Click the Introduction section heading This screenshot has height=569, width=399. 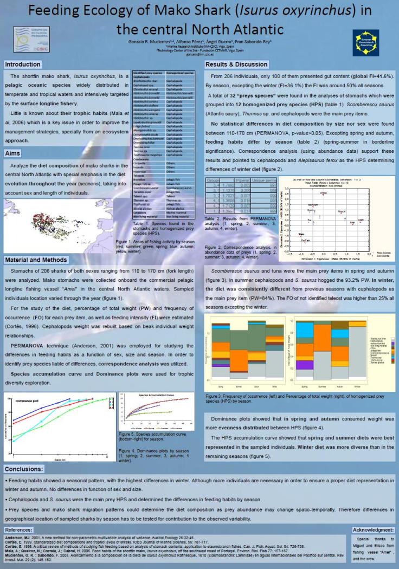[23, 65]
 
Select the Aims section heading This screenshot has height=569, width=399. [13, 153]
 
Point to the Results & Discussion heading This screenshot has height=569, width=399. [237, 64]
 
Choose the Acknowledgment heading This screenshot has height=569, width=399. [374, 528]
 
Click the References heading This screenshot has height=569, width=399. [22, 529]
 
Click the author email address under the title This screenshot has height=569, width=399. [200, 54]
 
